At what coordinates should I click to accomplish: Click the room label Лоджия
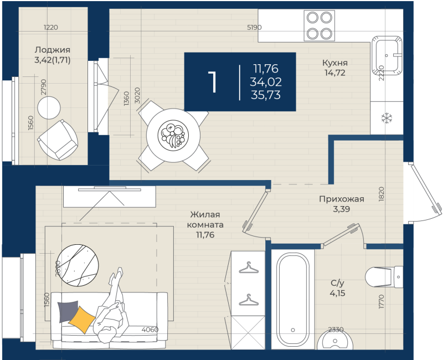(x=53, y=50)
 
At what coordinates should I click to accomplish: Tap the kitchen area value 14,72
(x=335, y=73)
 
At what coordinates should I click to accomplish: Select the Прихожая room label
(x=341, y=199)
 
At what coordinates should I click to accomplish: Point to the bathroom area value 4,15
(x=337, y=293)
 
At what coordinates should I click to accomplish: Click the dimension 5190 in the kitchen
(x=254, y=27)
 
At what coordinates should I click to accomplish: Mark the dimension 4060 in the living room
(x=150, y=330)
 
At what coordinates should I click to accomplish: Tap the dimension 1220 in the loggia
(x=51, y=27)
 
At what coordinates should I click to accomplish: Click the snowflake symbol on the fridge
(x=387, y=118)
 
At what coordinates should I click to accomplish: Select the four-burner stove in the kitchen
(x=320, y=25)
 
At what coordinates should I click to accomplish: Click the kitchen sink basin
(x=387, y=56)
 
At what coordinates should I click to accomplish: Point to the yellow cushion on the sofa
(x=82, y=320)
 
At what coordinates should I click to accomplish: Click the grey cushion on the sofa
(x=67, y=311)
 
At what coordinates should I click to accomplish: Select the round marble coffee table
(x=78, y=265)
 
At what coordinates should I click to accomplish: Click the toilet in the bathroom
(x=384, y=277)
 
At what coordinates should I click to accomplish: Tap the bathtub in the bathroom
(x=293, y=299)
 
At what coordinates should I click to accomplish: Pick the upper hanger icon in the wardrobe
(x=249, y=268)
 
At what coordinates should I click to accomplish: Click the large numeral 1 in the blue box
(x=213, y=81)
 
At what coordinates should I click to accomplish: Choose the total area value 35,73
(x=266, y=95)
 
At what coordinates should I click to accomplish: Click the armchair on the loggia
(x=58, y=140)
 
